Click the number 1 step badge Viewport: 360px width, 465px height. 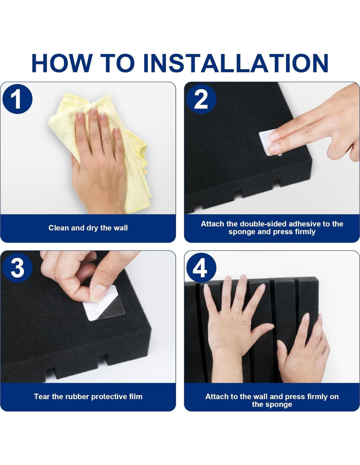[x=17, y=99]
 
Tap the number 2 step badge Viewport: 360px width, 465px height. [x=201, y=99]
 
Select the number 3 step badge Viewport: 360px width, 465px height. [x=17, y=268]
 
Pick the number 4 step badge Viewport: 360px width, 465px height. [x=201, y=268]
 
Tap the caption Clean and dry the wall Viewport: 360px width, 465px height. [x=88, y=228]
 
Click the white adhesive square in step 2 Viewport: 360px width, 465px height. [x=270, y=142]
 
